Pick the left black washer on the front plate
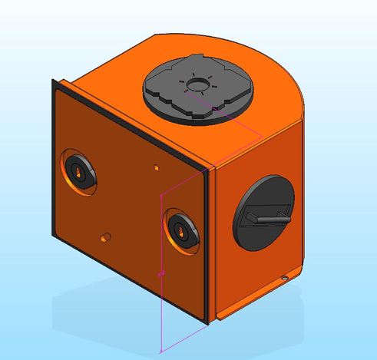click(x=78, y=171)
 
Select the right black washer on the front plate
click(x=180, y=227)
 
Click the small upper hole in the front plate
click(x=157, y=167)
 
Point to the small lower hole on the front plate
click(x=107, y=234)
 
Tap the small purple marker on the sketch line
click(x=160, y=272)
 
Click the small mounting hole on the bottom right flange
click(x=286, y=276)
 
